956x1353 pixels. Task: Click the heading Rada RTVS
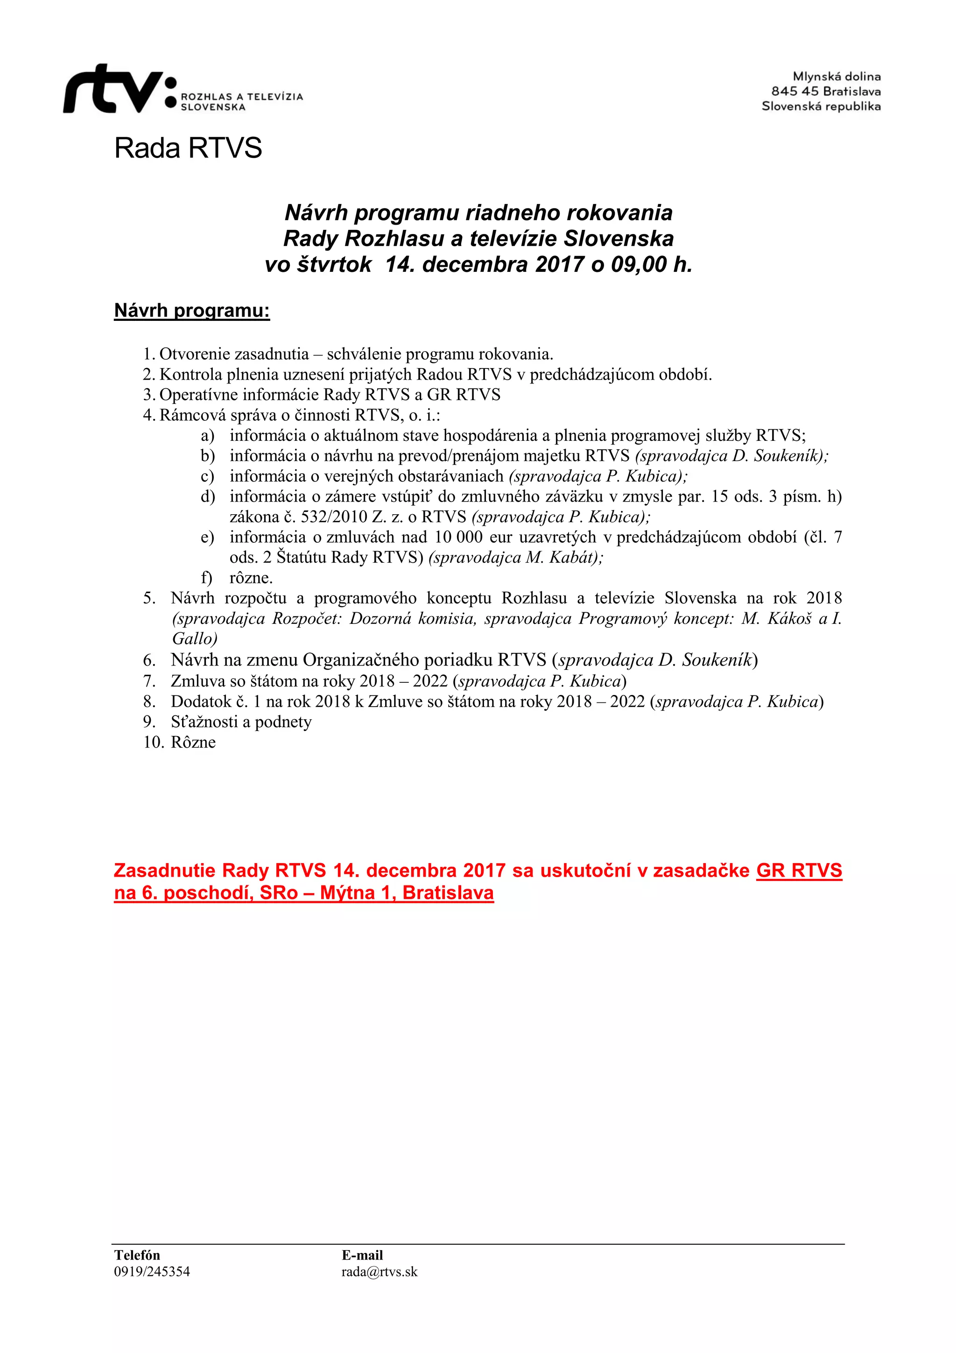188,148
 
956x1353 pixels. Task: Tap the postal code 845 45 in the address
794,92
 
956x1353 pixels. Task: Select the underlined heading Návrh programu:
191,311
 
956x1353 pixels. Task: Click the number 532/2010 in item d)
333,517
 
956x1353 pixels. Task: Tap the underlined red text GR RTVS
799,871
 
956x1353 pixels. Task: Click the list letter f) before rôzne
206,578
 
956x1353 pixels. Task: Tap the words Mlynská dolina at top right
836,77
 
